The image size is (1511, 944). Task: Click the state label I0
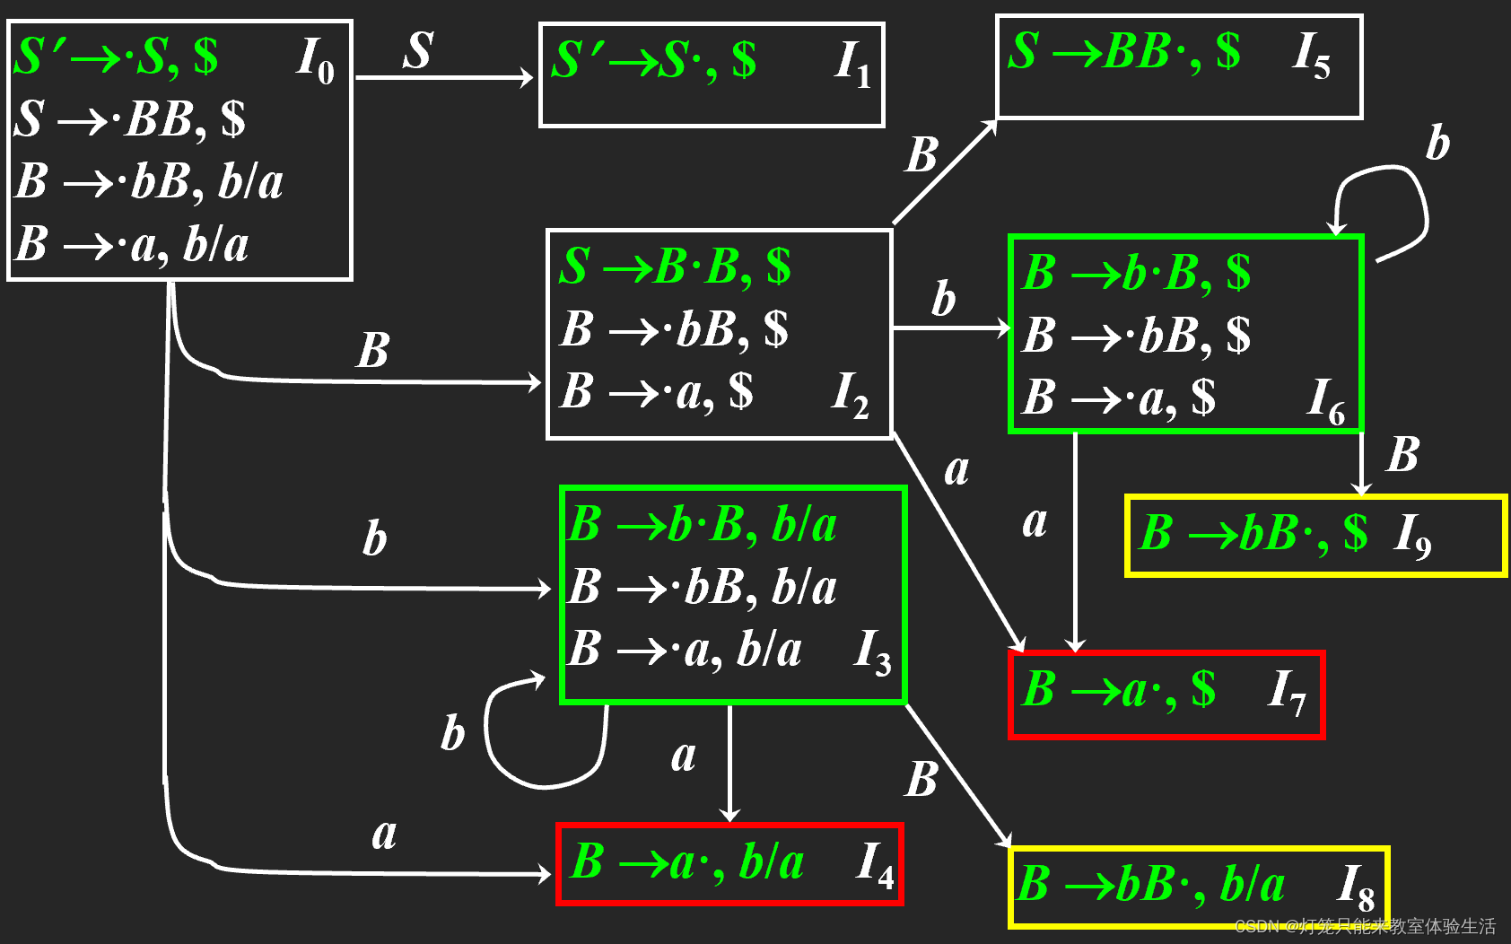pos(316,61)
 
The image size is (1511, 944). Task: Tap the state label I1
pos(852,65)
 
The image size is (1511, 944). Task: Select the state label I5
pos(1311,56)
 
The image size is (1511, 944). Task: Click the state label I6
pos(1326,400)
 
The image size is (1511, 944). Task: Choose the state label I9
pos(1412,536)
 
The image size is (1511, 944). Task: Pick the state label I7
pos(1287,692)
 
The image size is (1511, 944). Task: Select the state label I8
pos(1356,887)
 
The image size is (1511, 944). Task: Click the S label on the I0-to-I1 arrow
pos(418,50)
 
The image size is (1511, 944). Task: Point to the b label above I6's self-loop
pos(1437,143)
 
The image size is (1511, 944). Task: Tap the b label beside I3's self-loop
pos(453,732)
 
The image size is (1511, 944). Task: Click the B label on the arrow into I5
pos(921,155)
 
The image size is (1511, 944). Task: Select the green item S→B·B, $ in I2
pos(675,267)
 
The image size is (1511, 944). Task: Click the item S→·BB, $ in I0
pos(131,118)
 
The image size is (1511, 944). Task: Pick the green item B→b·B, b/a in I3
pos(703,525)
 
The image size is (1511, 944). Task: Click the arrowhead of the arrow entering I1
pos(528,78)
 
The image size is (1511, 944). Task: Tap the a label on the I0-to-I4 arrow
pos(384,835)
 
